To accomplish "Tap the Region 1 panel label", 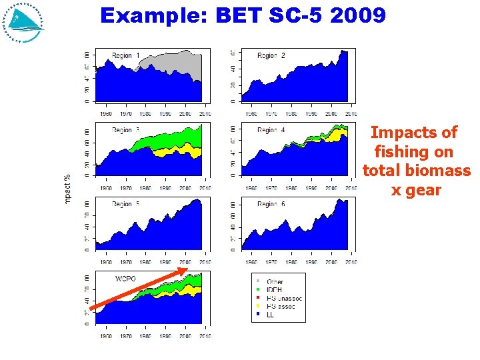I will pyautogui.click(x=126, y=56).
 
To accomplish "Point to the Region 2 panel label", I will pyautogui.click(x=271, y=56).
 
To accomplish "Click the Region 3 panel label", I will pyautogui.click(x=126, y=130).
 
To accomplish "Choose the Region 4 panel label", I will pyautogui.click(x=271, y=130).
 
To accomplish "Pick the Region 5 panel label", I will pyautogui.click(x=126, y=204).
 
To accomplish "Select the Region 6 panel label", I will pyautogui.click(x=271, y=204).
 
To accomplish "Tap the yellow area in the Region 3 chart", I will pyautogui.click(x=167, y=153).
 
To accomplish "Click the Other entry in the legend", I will pyautogui.click(x=274, y=282).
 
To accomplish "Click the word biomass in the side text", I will pyautogui.click(x=440, y=171).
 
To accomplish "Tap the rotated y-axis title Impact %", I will pyautogui.click(x=67, y=189).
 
